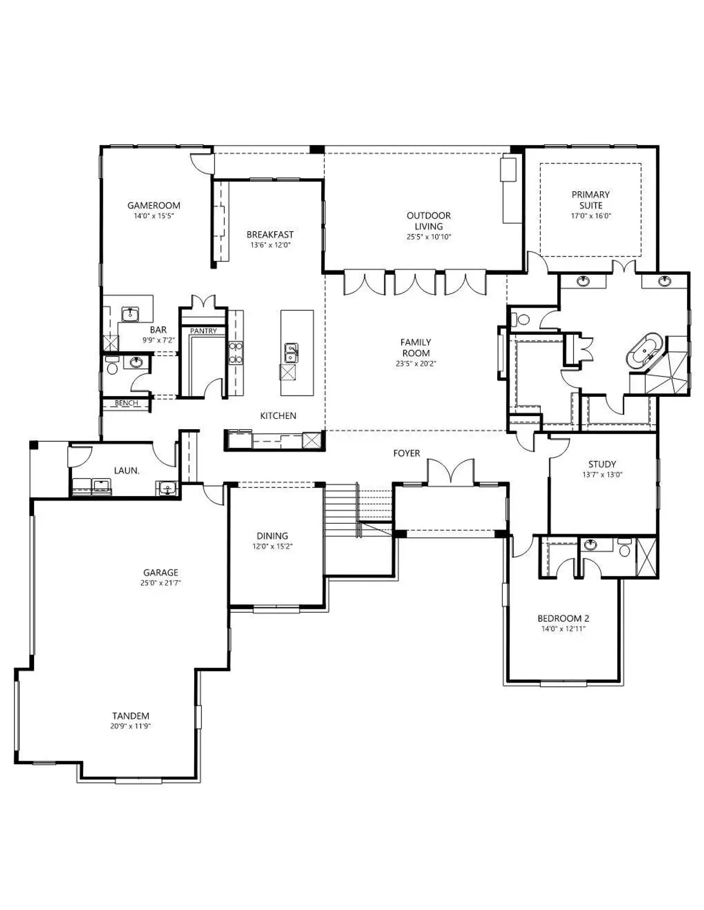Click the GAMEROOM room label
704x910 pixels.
click(x=154, y=205)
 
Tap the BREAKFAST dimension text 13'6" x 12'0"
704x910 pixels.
click(x=270, y=245)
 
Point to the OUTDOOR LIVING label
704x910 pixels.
click(x=428, y=221)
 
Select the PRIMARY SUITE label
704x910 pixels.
click(x=591, y=200)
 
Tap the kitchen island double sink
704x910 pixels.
click(x=291, y=353)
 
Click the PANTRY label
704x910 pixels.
click(x=204, y=331)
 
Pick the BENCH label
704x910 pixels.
click(x=127, y=403)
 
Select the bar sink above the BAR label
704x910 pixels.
click(x=130, y=313)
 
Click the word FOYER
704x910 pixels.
click(x=406, y=453)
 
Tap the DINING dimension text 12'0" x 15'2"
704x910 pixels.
click(x=272, y=546)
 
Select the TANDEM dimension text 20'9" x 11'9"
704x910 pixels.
click(x=130, y=726)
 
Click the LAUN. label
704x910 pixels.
click(x=127, y=470)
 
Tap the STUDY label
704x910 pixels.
click(x=602, y=464)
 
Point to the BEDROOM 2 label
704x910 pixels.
click(x=563, y=618)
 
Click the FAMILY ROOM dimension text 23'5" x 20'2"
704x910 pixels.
click(x=416, y=363)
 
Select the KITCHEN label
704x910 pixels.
click(x=278, y=415)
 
